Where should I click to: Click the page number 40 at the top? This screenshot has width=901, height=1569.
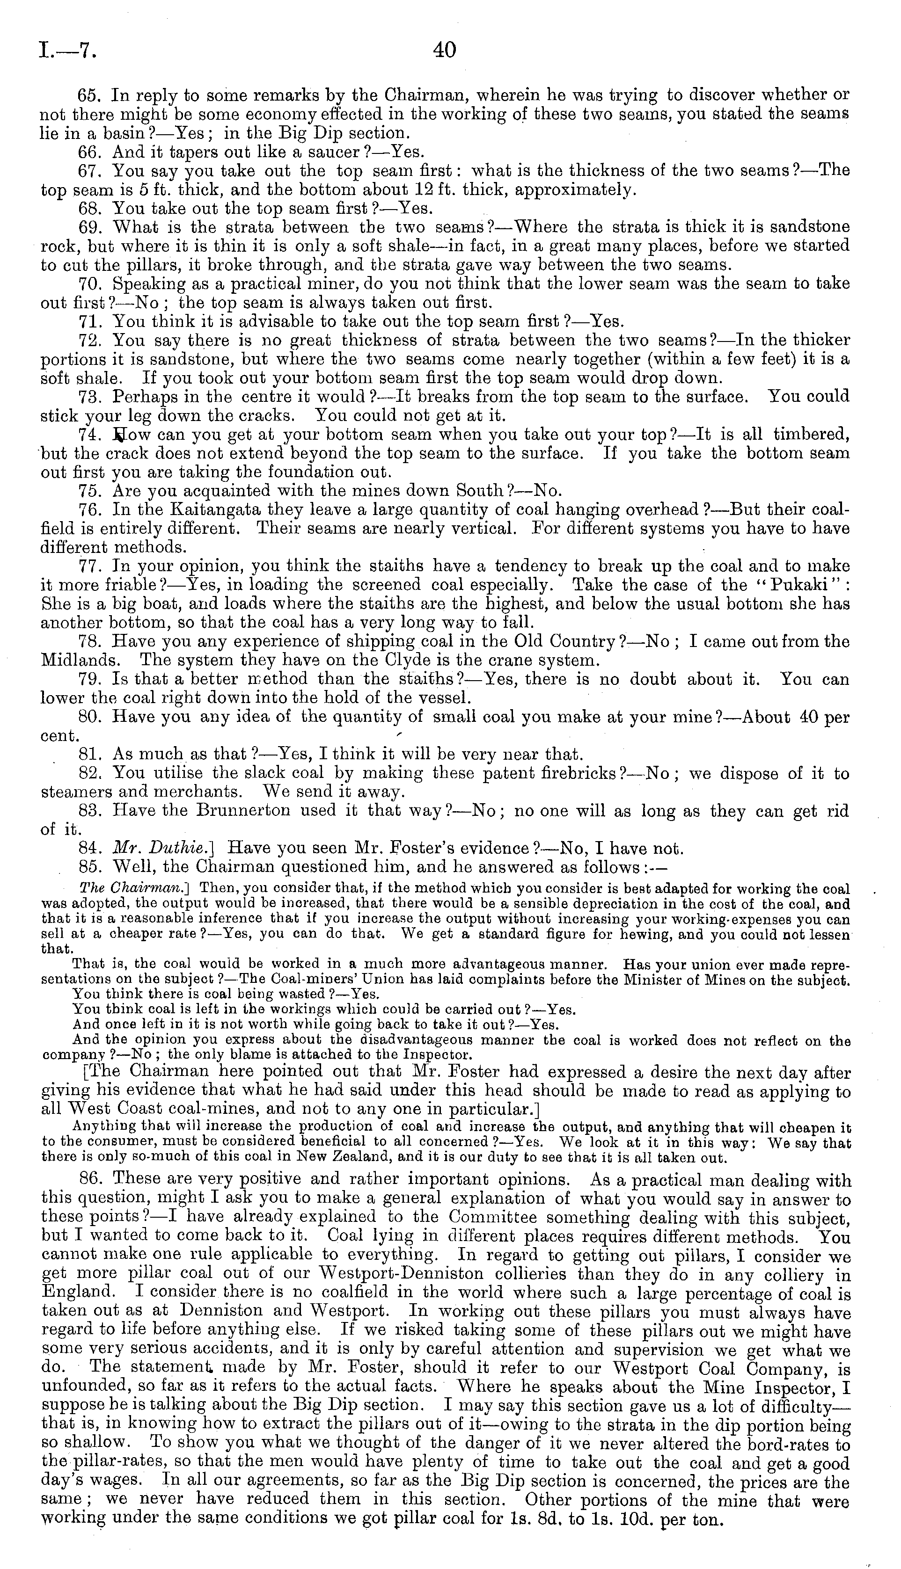point(445,50)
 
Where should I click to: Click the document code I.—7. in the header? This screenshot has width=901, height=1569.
point(67,50)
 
